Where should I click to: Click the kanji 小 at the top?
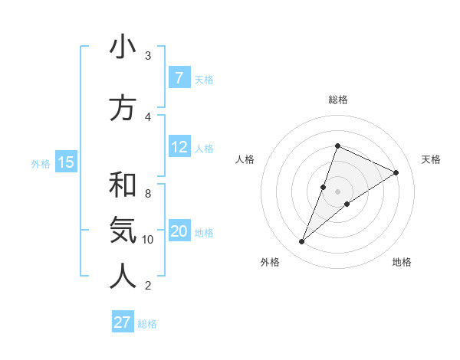point(123,47)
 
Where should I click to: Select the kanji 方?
point(123,108)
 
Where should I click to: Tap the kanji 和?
point(123,185)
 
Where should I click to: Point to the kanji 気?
point(123,231)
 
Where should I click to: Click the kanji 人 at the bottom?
point(123,277)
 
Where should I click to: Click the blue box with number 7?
point(179,78)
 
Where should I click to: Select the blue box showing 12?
point(179,147)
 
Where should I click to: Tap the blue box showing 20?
point(179,231)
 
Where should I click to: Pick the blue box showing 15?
point(65,162)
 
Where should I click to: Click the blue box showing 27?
point(123,322)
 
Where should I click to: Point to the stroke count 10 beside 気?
point(148,240)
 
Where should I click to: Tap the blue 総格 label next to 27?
point(147,324)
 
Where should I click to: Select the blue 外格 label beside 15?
point(41,163)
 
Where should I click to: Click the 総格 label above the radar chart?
point(337,100)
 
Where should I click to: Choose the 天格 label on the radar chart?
point(431,159)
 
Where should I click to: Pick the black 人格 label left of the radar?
point(245,159)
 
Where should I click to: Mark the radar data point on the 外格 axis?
point(301,242)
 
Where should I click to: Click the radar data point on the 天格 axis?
point(396,173)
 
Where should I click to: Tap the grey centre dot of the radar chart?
point(337,191)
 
